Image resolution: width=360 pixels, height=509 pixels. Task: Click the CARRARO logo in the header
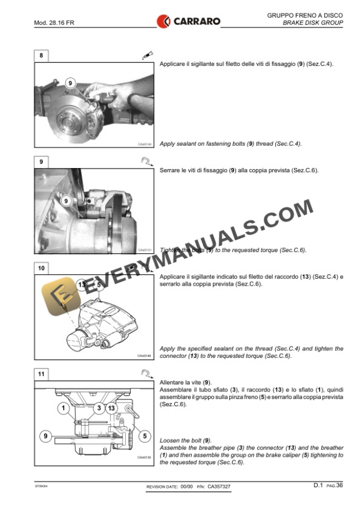coord(188,22)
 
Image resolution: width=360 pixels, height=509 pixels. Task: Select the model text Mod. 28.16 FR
coord(54,24)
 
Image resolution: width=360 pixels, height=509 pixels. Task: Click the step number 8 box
coord(41,56)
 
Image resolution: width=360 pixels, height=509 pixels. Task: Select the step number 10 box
coord(41,268)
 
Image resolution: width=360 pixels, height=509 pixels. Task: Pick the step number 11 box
coord(41,374)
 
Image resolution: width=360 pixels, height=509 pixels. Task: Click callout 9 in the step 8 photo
coord(71,83)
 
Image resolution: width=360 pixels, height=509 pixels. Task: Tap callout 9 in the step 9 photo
coord(66,201)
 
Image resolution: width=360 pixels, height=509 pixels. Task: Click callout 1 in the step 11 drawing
coord(64,407)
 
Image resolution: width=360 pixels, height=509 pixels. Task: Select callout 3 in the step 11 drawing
coord(99,407)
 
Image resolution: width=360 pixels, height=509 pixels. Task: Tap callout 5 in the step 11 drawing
coord(144,436)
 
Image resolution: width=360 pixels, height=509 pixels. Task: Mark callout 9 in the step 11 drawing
coord(45,436)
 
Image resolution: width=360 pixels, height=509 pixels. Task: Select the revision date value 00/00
coord(185,487)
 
